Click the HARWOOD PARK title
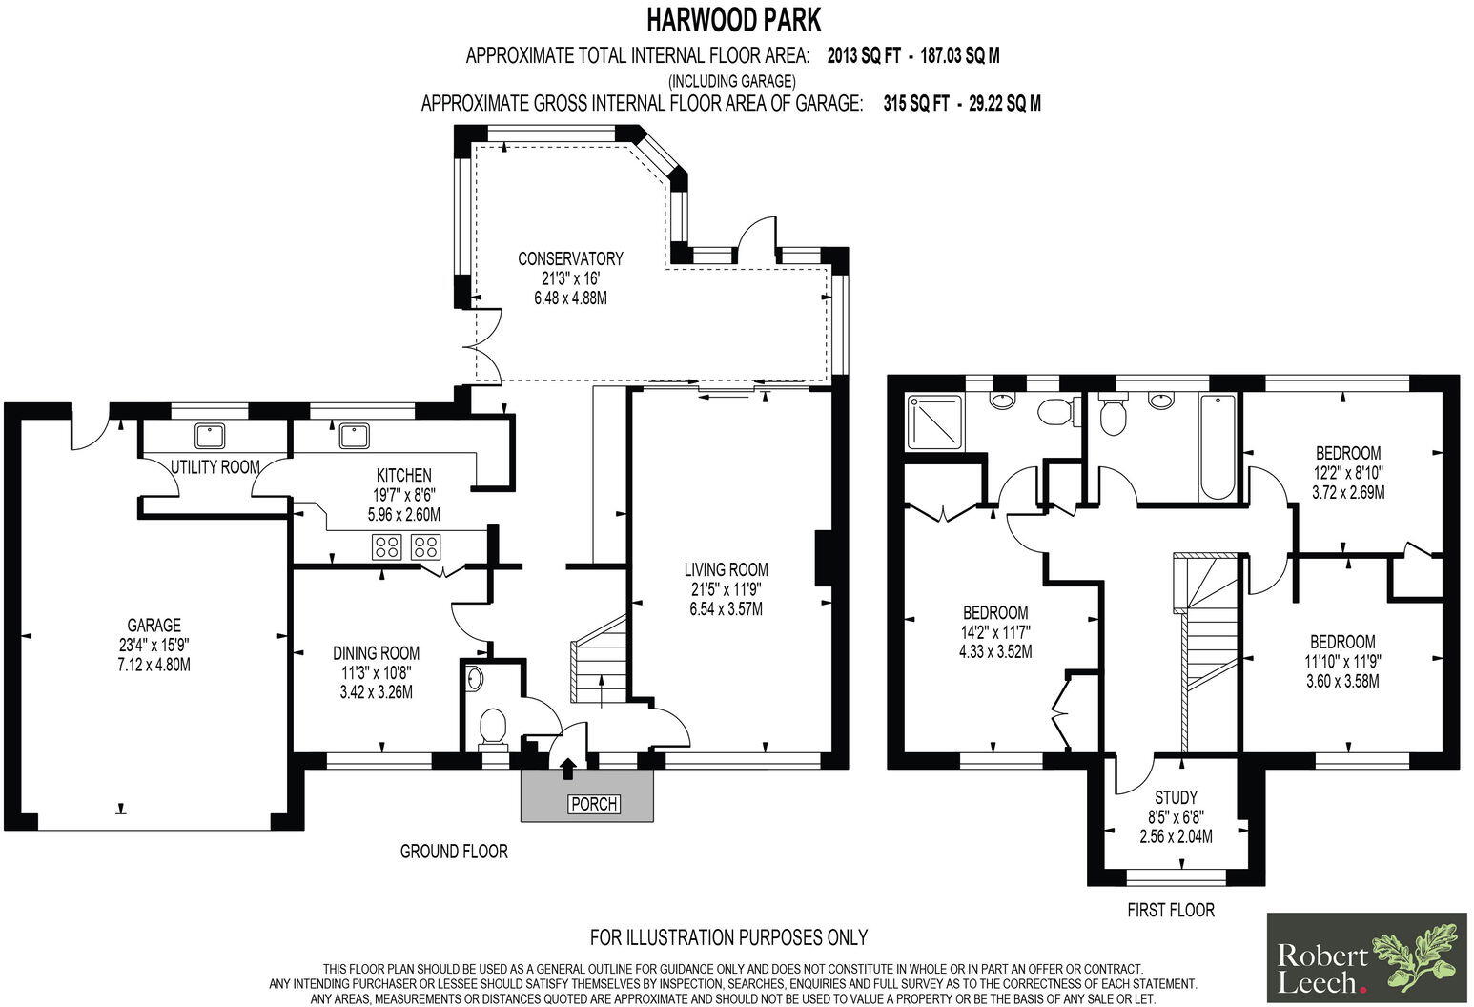click(732, 19)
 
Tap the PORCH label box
click(593, 804)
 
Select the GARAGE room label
click(154, 626)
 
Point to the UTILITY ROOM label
click(215, 467)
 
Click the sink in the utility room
click(210, 436)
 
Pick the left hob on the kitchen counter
click(386, 546)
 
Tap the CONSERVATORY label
click(570, 258)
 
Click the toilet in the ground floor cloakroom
click(492, 729)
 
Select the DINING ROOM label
click(376, 653)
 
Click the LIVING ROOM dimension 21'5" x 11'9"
click(726, 589)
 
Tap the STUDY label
click(1176, 797)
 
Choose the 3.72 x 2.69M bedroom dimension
click(1347, 492)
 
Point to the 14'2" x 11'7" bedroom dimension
click(994, 632)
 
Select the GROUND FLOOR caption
click(454, 851)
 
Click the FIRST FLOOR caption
click(1171, 910)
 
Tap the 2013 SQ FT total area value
click(864, 55)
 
